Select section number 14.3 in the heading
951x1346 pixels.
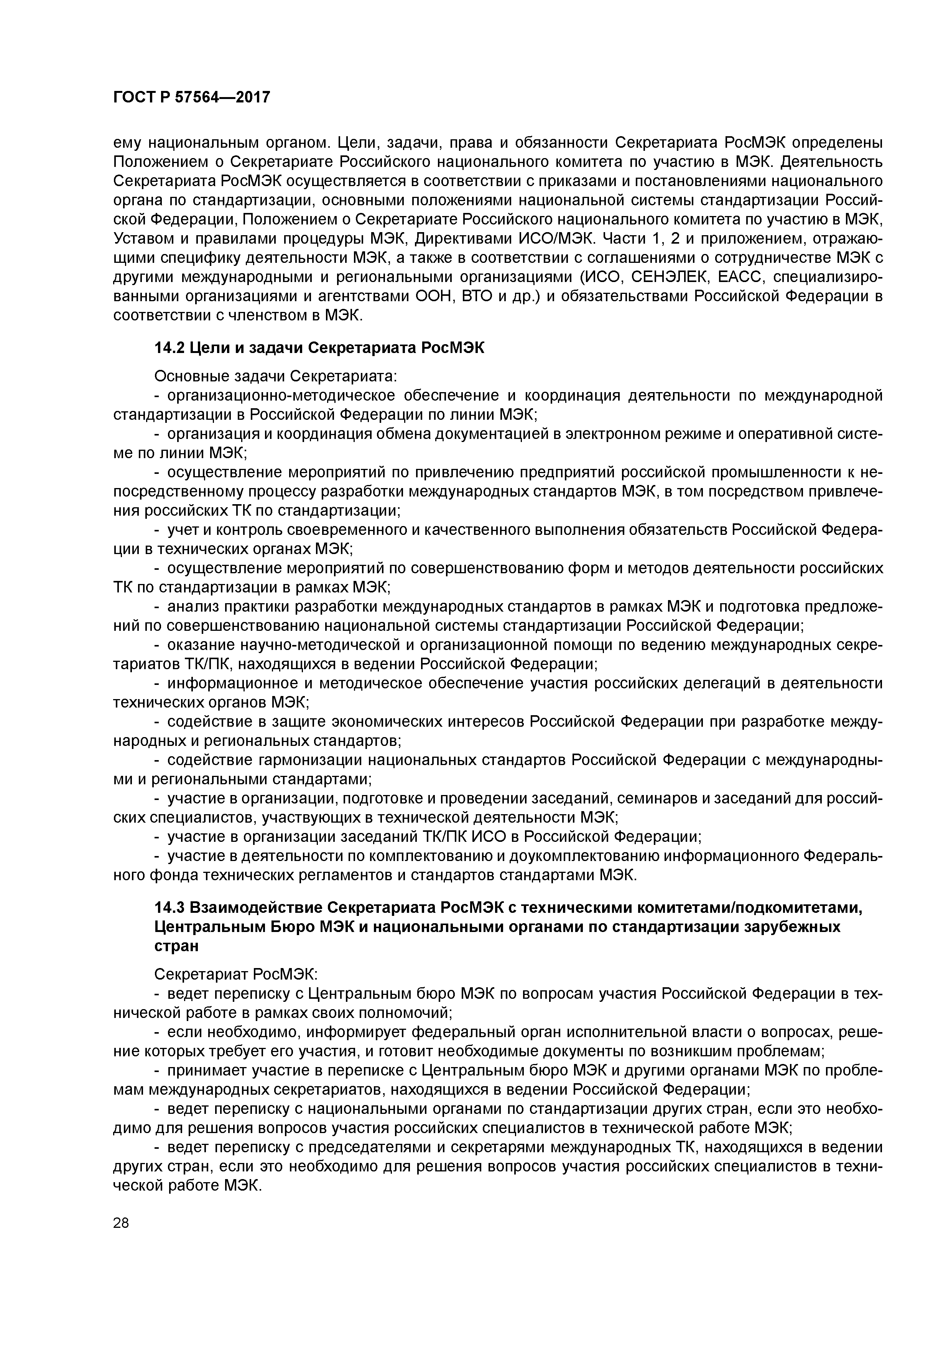coord(169,908)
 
